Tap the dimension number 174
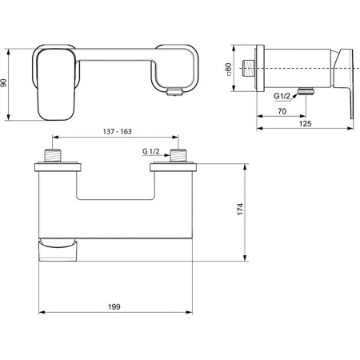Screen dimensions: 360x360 point(241,210)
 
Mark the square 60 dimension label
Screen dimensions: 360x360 point(229,70)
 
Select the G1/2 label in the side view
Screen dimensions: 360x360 point(283,95)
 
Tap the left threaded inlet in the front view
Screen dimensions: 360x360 point(54,155)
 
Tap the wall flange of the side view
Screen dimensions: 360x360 point(258,70)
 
